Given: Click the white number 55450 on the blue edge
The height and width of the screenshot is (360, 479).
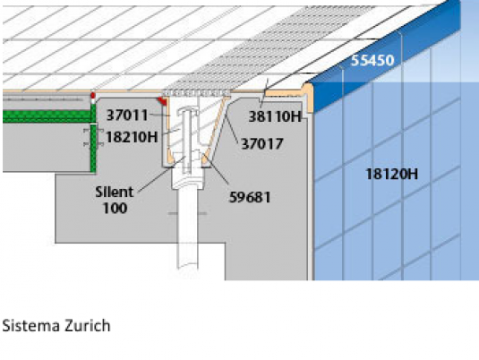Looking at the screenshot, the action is pyautogui.click(x=372, y=61).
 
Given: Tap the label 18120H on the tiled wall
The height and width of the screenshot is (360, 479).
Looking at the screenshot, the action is pyautogui.click(x=392, y=175).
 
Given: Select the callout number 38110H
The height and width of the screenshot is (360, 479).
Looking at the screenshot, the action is pyautogui.click(x=275, y=116).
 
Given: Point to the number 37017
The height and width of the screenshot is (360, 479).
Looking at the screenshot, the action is pyautogui.click(x=262, y=143).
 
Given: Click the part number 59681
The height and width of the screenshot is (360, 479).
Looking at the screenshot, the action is pyautogui.click(x=250, y=197).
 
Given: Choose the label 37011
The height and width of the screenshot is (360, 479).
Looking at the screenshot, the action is pyautogui.click(x=127, y=116).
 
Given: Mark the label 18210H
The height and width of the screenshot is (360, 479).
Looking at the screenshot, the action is pyautogui.click(x=132, y=137).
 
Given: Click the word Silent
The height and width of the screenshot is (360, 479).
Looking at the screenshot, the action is pyautogui.click(x=115, y=193).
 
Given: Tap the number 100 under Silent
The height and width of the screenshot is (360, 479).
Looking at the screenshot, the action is pyautogui.click(x=115, y=209).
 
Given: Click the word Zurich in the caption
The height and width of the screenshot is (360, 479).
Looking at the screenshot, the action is pyautogui.click(x=88, y=325).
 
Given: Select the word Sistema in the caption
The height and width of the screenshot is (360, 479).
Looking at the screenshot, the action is pyautogui.click(x=30, y=325).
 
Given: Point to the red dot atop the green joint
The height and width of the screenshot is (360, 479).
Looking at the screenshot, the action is pyautogui.click(x=93, y=96).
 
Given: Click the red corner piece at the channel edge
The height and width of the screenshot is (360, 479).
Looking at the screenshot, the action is pyautogui.click(x=162, y=101).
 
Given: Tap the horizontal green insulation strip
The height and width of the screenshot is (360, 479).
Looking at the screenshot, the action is pyautogui.click(x=47, y=116).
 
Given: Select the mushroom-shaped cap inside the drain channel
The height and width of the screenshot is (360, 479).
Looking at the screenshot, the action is pyautogui.click(x=188, y=110).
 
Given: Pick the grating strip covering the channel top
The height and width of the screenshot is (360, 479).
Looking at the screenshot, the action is pyautogui.click(x=196, y=92).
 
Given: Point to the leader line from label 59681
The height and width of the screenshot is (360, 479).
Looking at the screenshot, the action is pyautogui.click(x=216, y=169).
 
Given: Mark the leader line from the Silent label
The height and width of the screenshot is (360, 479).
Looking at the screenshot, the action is pyautogui.click(x=161, y=175).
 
